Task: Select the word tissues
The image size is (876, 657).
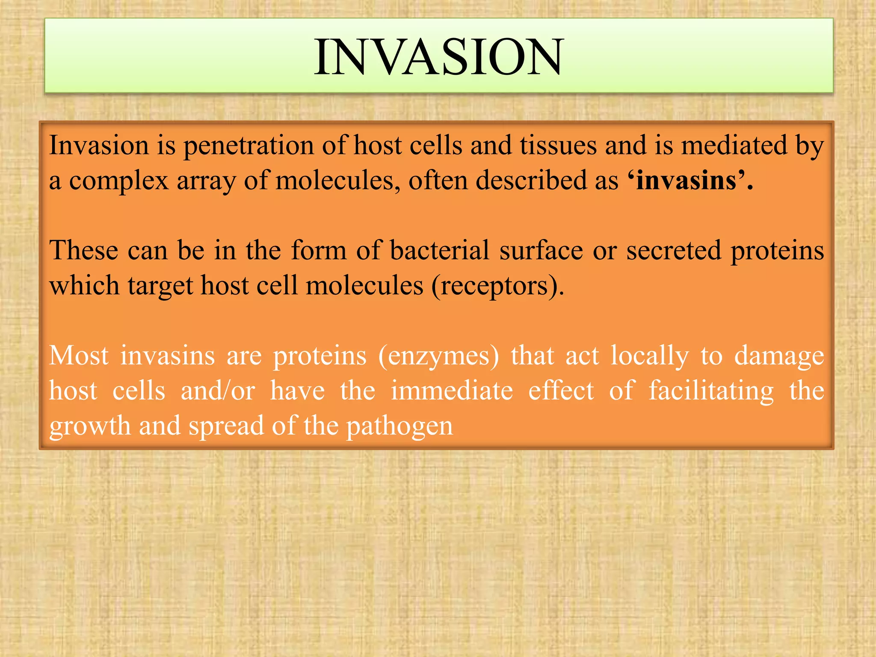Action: pyautogui.click(x=558, y=145)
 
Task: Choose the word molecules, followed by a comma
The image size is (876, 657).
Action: pyautogui.click(x=338, y=181)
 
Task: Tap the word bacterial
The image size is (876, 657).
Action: pyautogui.click(x=439, y=250)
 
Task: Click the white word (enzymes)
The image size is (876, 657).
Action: pyautogui.click(x=438, y=356)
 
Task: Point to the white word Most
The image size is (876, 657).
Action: pyautogui.click(x=79, y=355)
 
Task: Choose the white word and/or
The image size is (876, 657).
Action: pyautogui.click(x=218, y=391)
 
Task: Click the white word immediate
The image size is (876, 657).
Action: pyautogui.click(x=452, y=391)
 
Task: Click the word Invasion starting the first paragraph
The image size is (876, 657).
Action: pyautogui.click(x=99, y=145)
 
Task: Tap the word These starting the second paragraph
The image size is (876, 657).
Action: pyautogui.click(x=83, y=250)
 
